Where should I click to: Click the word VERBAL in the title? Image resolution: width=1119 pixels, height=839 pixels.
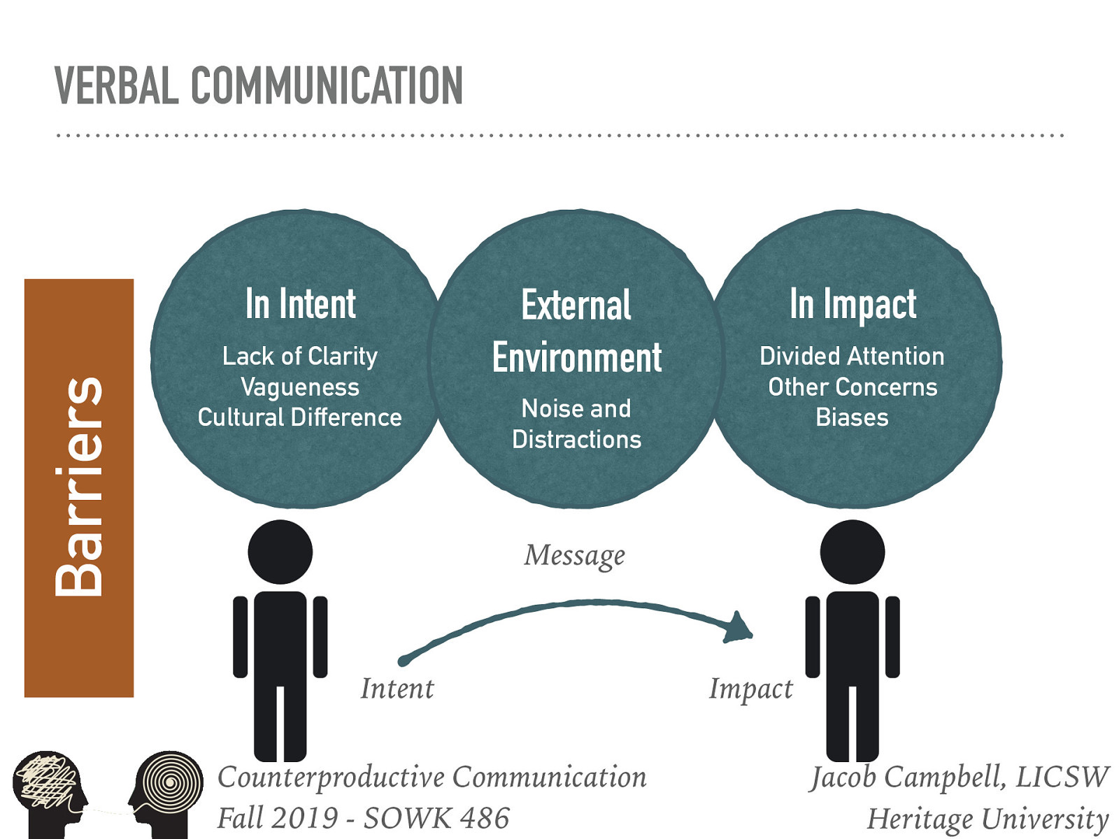click(x=115, y=86)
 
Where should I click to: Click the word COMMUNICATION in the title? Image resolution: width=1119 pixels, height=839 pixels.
click(x=327, y=86)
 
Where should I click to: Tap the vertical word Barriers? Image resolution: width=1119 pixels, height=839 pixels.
click(x=79, y=487)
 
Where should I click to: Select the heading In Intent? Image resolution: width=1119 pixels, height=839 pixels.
click(x=300, y=304)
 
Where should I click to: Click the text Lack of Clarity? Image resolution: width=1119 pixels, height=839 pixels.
click(x=300, y=356)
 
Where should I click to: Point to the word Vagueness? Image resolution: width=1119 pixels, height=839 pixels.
click(x=300, y=387)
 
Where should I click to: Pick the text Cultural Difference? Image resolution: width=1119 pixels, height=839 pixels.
click(x=300, y=417)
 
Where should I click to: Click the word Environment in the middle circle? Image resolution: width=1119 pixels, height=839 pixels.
click(x=576, y=358)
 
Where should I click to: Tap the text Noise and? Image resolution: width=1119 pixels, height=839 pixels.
click(x=576, y=408)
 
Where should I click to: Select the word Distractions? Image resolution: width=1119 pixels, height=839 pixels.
click(x=576, y=439)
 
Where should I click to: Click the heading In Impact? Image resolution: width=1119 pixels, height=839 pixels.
click(x=853, y=304)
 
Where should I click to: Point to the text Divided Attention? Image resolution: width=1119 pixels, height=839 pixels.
click(x=852, y=356)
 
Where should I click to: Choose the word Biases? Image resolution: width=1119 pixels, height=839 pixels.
click(x=852, y=417)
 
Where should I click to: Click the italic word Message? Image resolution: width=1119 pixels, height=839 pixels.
click(x=575, y=556)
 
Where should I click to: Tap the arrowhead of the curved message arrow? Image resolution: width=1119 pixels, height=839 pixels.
click(x=738, y=628)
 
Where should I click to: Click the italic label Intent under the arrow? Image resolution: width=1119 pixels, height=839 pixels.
click(x=397, y=689)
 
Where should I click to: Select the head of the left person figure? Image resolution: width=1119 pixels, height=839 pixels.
click(x=280, y=552)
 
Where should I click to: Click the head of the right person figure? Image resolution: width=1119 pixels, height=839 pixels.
click(x=853, y=552)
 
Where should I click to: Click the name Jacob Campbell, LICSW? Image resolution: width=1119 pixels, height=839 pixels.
click(x=959, y=777)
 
